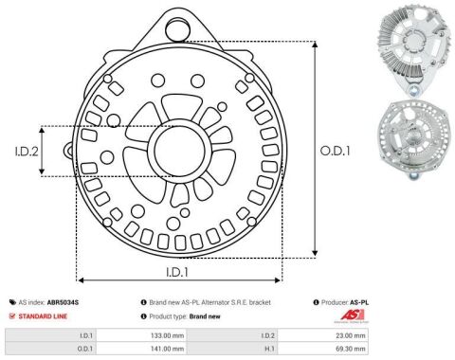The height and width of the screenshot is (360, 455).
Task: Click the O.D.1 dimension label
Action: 335,151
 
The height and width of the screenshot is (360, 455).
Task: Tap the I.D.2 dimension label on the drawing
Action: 27,152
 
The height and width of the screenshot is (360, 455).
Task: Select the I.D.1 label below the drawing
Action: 177,272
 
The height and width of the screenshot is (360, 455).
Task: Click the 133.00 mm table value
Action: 167,335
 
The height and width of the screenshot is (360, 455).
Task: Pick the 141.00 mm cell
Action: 167,349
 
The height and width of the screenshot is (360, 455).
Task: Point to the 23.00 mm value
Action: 351,335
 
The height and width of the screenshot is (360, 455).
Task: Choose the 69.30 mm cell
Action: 351,349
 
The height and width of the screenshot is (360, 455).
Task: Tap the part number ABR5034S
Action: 63,302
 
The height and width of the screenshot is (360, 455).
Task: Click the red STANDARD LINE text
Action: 43,316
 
